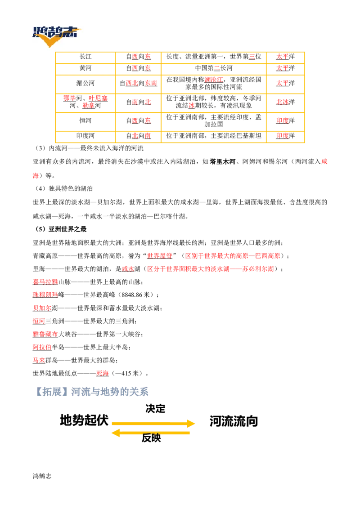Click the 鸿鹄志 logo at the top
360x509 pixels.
(56, 36)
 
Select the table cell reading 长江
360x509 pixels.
(85, 57)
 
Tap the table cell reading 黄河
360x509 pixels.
(85, 68)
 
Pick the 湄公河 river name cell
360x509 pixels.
(85, 84)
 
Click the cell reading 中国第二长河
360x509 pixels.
(213, 68)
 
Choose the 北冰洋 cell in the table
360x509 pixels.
(285, 102)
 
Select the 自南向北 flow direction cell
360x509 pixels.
(139, 102)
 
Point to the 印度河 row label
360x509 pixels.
(85, 136)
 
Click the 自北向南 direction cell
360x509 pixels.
(139, 136)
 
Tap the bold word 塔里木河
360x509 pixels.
(223, 162)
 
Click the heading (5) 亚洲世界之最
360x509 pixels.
(61, 229)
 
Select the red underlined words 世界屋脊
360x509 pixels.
(160, 256)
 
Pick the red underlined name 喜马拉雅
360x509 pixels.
(45, 282)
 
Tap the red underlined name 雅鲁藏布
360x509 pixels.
(45, 334)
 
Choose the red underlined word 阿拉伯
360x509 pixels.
(42, 347)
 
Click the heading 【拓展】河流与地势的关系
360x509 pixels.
(91, 392)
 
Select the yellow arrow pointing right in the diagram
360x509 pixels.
(153, 423)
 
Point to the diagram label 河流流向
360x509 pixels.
(234, 421)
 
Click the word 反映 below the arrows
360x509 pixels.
(151, 438)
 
